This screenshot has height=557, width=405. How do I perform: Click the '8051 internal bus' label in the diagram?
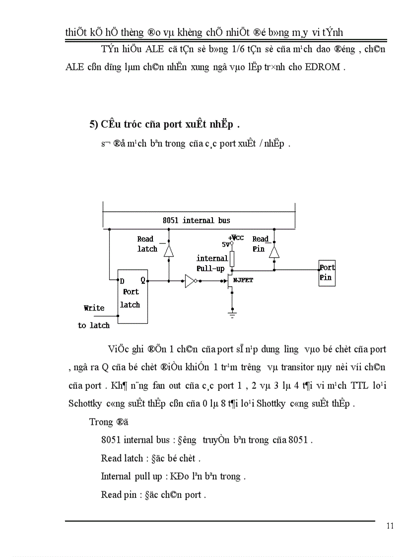pyautogui.click(x=196, y=220)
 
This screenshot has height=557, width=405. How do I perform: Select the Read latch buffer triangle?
pyautogui.click(x=169, y=251)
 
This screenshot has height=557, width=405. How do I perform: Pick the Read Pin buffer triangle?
pyautogui.click(x=273, y=252)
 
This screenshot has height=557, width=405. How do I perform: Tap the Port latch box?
pyautogui.click(x=131, y=297)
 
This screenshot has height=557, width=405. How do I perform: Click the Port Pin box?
pyautogui.click(x=327, y=272)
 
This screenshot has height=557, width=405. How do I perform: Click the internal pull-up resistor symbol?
pyautogui.click(x=231, y=258)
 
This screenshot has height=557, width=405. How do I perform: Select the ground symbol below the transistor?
pyautogui.click(x=231, y=312)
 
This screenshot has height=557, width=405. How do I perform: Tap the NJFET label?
pyautogui.click(x=244, y=280)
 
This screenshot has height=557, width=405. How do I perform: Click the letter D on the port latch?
pyautogui.click(x=122, y=281)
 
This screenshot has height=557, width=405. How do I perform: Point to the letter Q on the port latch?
pyautogui.click(x=142, y=280)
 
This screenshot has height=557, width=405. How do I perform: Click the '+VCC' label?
pyautogui.click(x=236, y=238)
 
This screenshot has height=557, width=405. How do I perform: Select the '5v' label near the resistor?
pyautogui.click(x=225, y=244)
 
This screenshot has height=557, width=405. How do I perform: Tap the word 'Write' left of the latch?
pyautogui.click(x=94, y=308)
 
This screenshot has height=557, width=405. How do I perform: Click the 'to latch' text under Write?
pyautogui.click(x=94, y=325)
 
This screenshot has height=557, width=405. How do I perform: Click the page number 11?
pyautogui.click(x=390, y=526)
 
